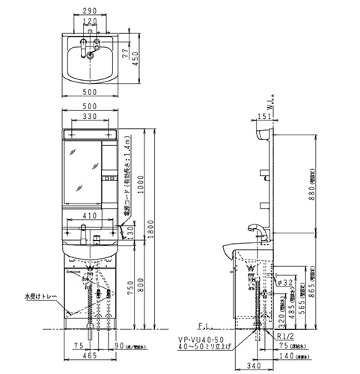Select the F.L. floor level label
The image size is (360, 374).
pos(208,327)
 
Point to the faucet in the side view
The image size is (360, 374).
pos(257,230)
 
